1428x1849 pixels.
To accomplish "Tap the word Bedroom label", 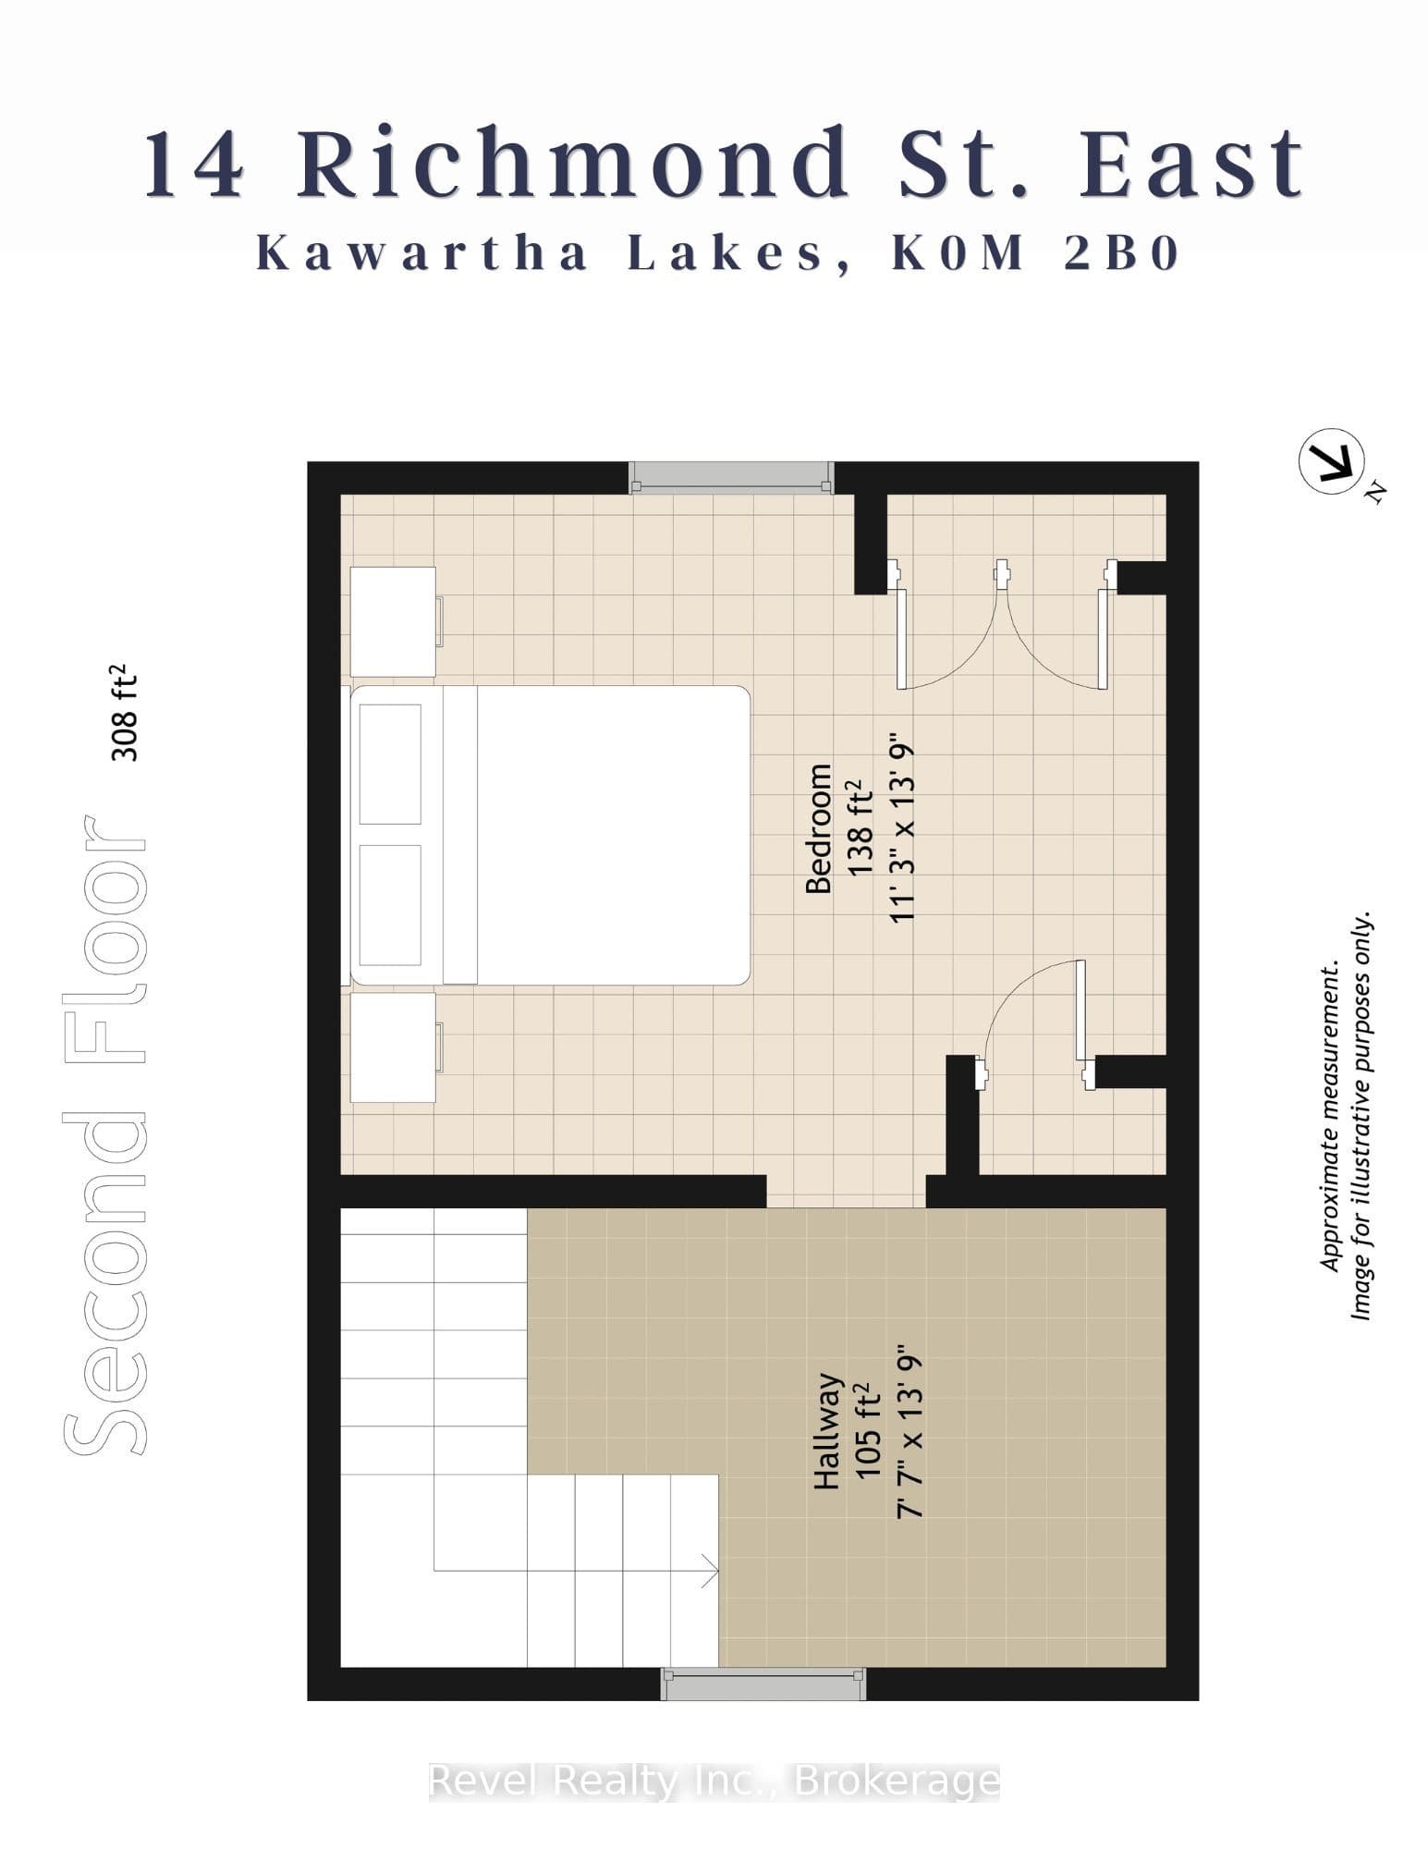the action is click(x=819, y=828).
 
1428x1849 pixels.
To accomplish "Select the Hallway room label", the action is click(x=827, y=1431).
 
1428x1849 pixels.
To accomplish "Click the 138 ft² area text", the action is click(x=860, y=828).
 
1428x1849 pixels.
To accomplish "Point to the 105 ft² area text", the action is click(x=869, y=1431).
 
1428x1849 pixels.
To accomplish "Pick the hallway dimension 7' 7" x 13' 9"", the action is click(x=910, y=1431).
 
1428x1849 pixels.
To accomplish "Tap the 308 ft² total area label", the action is click(x=124, y=713).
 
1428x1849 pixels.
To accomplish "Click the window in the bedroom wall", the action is click(x=731, y=478).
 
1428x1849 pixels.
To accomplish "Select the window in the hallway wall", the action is click(x=763, y=1684).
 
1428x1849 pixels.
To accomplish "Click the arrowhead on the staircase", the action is click(x=710, y=1570).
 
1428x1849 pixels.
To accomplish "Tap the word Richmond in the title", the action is click(x=573, y=165).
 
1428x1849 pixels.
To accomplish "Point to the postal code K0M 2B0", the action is click(x=1036, y=253).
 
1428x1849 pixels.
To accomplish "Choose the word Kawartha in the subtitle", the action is click(x=422, y=253).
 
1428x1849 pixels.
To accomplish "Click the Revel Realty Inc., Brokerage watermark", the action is click(x=714, y=1780).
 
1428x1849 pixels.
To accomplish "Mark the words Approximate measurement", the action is click(x=1331, y=1118).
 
